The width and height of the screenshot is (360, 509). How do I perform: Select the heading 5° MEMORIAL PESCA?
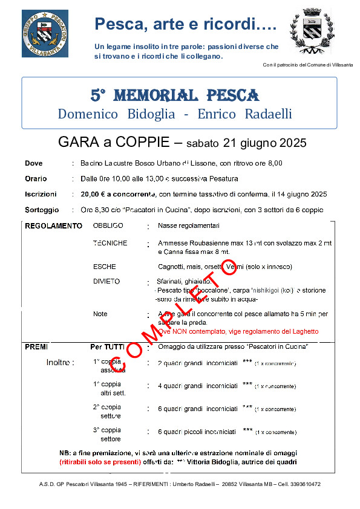(175, 96)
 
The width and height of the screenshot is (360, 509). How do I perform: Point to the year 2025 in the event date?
(293, 143)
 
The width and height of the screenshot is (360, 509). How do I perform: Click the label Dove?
(34, 163)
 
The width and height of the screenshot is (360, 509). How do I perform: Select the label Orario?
(36, 179)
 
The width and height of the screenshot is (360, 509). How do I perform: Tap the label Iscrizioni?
(41, 195)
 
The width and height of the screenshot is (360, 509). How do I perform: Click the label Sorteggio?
(42, 210)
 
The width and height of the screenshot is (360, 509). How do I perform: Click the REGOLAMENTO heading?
(53, 226)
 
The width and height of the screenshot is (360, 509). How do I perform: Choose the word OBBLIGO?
(108, 225)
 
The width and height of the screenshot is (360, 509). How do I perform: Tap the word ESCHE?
(104, 267)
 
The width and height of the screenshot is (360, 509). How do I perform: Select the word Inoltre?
(60, 363)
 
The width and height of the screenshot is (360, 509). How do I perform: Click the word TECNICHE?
(110, 243)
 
